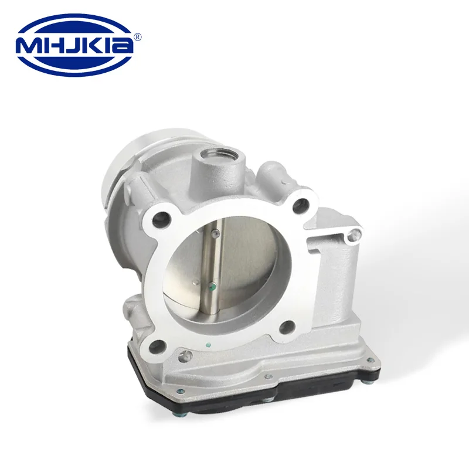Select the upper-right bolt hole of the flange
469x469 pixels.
(301, 205)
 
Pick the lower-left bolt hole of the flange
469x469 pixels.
(158, 346)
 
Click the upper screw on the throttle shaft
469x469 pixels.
(215, 233)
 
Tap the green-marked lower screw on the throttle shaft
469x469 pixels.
(212, 287)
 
